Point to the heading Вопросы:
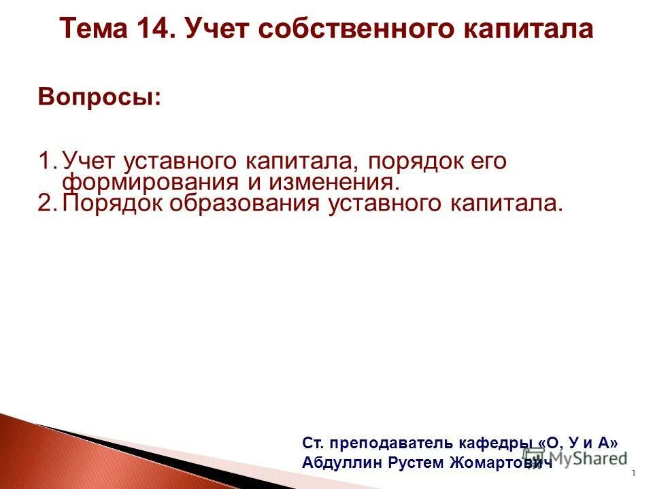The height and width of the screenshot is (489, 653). coord(100,96)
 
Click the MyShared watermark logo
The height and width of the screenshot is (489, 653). coord(575,456)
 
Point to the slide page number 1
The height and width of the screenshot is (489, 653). coord(633,473)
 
